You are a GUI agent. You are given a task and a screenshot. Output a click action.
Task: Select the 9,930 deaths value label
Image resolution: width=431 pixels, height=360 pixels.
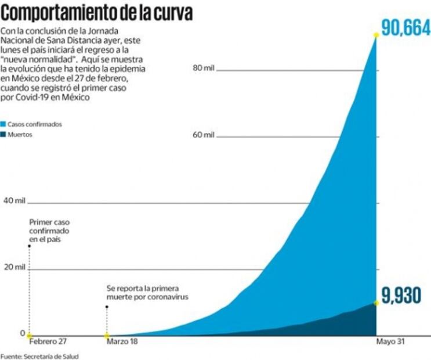point(404,296)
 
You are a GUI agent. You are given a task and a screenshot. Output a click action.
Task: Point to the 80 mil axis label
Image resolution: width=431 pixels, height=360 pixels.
point(203,69)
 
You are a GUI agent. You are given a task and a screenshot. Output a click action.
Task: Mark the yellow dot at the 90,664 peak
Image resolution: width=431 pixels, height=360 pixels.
point(376,35)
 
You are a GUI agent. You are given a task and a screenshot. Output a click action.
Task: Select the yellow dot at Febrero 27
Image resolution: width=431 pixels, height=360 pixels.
point(29,335)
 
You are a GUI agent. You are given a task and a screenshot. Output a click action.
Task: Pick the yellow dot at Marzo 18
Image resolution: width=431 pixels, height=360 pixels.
point(106,335)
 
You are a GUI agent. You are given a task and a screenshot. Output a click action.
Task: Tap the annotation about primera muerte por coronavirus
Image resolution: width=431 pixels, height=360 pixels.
point(147,293)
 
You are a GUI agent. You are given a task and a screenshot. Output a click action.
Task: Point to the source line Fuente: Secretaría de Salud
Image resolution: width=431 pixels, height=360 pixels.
point(39,355)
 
